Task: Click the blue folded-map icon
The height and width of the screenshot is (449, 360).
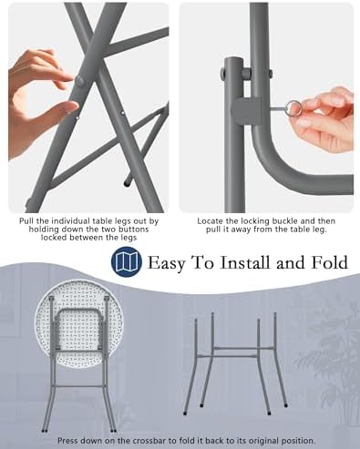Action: point(127,261)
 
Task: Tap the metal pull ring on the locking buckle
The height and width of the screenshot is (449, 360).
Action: point(293,108)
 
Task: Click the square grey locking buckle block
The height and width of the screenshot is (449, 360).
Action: point(246,111)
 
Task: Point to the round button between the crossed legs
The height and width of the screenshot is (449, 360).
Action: point(80,81)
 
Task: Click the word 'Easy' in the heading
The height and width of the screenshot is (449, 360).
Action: point(167,263)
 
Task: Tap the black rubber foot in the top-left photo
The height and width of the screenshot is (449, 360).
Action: point(127,183)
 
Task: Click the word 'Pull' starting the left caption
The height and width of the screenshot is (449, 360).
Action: point(26,221)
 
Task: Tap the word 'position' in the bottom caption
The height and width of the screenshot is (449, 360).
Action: point(299,441)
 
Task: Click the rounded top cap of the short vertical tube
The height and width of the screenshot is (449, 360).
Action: point(234,61)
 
